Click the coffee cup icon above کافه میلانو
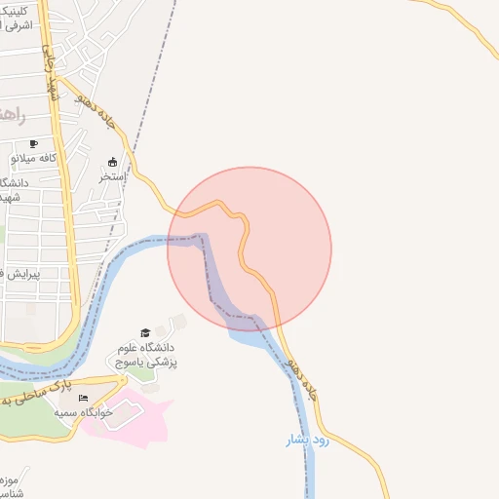pyautogui.click(x=34, y=143)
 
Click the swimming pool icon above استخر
pyautogui.click(x=113, y=162)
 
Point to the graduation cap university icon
pyautogui.click(x=146, y=332)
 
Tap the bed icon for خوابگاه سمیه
pyautogui.click(x=84, y=399)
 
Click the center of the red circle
pyautogui.click(x=249, y=249)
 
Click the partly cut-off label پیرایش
pyautogui.click(x=16, y=274)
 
